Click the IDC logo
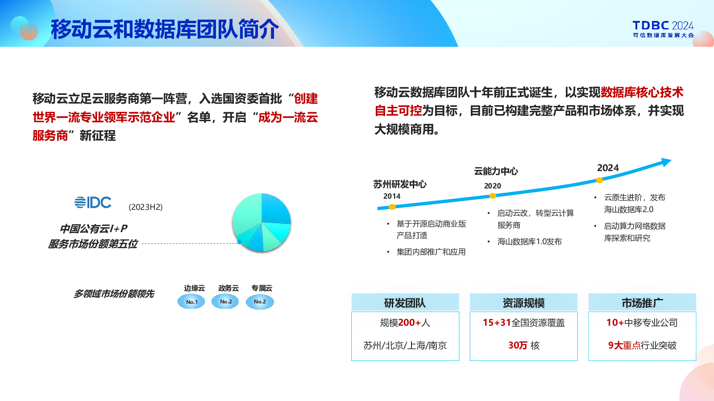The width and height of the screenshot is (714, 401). [93, 202]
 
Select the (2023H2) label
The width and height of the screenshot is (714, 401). [145, 207]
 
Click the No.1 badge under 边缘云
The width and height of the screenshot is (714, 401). [191, 302]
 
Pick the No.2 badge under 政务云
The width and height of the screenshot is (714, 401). [225, 301]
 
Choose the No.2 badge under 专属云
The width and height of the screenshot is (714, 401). [260, 302]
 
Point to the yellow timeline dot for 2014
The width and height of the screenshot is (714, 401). [392, 207]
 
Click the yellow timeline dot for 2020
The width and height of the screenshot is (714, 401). [493, 196]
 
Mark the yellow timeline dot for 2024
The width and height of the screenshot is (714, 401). [599, 180]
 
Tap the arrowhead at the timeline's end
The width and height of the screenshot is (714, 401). [666, 162]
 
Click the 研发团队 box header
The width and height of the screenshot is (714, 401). [405, 303]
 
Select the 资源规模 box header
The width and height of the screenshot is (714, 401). [523, 303]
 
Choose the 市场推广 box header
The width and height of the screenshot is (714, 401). [642, 303]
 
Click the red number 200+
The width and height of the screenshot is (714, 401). [410, 323]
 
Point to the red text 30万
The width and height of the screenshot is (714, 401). [518, 345]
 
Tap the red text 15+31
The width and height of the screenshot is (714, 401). [497, 323]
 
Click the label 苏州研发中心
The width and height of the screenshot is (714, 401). [400, 184]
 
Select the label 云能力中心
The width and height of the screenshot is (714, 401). [496, 171]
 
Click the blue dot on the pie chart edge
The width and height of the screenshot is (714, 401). [239, 242]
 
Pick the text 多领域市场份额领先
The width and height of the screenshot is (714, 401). [114, 294]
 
